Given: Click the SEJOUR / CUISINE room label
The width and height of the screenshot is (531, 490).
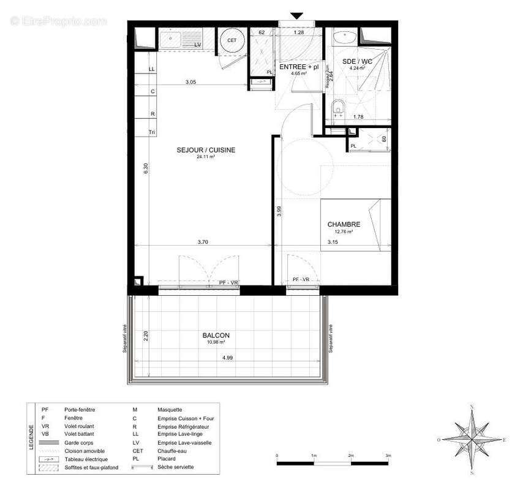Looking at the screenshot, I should tap(206, 149).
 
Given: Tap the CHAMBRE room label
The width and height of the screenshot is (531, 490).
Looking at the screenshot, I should tap(343, 224).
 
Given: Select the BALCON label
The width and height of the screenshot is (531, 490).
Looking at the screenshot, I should tap(216, 335).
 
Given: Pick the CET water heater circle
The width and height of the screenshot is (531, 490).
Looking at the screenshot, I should tap(232, 40).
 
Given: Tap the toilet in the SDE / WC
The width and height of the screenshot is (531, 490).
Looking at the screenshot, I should tap(336, 111).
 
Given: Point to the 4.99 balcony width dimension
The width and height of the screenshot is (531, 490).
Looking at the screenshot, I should tap(228, 357).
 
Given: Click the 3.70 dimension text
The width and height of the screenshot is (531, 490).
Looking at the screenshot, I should tap(203, 243).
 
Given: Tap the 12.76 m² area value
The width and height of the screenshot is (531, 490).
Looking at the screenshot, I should tap(343, 232).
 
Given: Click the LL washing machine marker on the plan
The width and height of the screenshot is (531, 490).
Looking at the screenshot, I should tap(152, 69).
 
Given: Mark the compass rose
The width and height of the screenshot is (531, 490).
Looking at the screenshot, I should tap(472, 439).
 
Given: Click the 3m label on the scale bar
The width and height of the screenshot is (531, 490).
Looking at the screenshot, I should tap(388, 456).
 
